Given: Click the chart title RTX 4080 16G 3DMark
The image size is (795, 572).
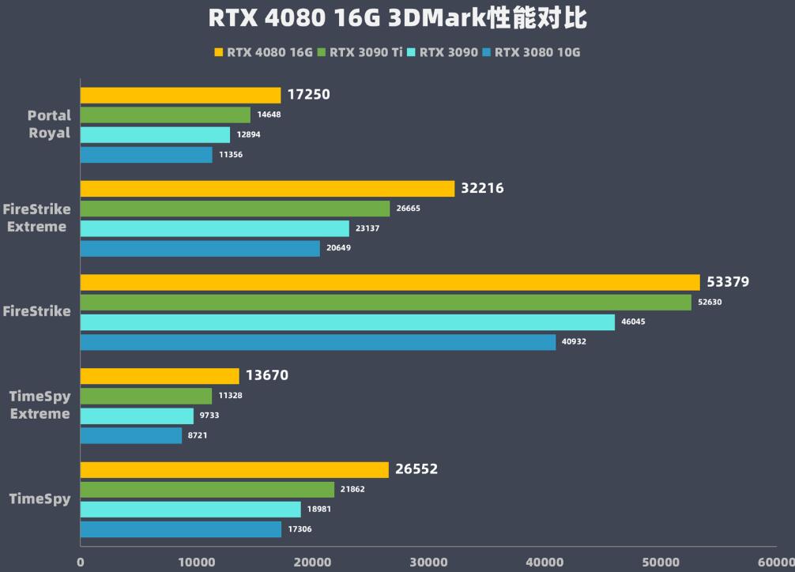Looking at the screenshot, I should [x=397, y=19].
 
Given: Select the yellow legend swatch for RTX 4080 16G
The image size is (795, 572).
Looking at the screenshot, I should [x=219, y=53].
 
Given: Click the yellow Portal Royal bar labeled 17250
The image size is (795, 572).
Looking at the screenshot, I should [x=180, y=95].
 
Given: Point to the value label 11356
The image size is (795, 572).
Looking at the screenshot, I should [x=231, y=155].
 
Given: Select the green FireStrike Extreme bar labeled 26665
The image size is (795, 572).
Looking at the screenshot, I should [x=235, y=209].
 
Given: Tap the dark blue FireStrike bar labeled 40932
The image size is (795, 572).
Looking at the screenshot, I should [x=318, y=342].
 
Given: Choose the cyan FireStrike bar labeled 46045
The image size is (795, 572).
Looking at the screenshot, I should [x=347, y=322].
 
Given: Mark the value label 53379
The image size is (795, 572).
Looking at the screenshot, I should [x=728, y=282].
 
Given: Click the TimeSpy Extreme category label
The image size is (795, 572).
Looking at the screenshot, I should [x=40, y=405].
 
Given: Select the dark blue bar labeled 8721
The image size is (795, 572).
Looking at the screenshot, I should [x=130, y=435].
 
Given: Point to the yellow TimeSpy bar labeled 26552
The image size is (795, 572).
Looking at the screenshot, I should [x=234, y=469].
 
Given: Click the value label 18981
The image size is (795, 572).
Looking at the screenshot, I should [x=319, y=510].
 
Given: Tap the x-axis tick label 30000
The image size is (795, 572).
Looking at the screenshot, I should [x=428, y=563].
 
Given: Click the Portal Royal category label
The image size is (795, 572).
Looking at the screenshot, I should [x=49, y=124].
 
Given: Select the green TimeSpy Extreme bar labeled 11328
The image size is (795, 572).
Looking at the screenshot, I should [x=145, y=396].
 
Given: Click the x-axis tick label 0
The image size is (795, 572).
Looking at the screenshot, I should [x=80, y=563].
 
